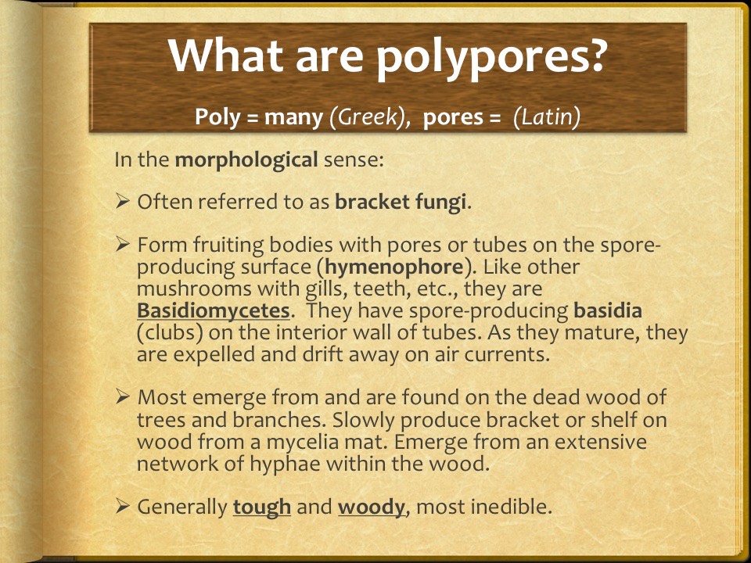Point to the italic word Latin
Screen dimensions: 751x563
tap(547, 117)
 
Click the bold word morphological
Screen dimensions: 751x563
tap(246, 160)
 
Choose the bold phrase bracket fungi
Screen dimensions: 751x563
tap(401, 203)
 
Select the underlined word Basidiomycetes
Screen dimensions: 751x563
tap(214, 310)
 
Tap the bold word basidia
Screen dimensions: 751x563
tap(608, 310)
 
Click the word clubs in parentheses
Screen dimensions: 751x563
tap(170, 333)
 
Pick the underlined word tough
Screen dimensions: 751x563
tap(262, 507)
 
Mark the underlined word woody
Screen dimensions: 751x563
tap(372, 507)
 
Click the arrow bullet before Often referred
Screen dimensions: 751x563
tap(123, 201)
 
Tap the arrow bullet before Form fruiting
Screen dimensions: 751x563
tap(123, 244)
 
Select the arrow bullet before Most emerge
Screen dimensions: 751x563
tap(123, 396)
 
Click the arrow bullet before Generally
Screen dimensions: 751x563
tap(123, 506)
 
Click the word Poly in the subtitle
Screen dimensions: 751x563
tap(217, 117)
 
